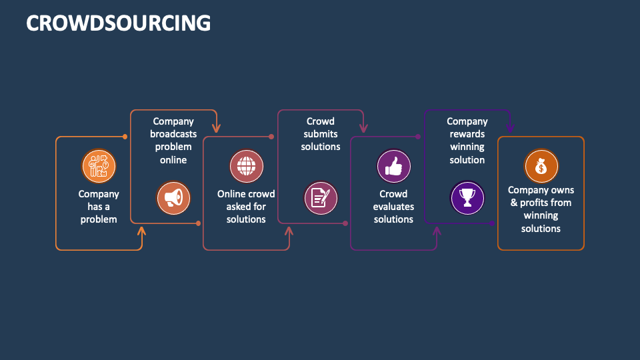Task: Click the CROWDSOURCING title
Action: [x=118, y=23]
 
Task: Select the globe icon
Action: [x=247, y=165]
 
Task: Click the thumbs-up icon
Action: [x=394, y=165]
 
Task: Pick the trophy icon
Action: [x=467, y=197]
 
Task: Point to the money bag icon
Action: [x=541, y=165]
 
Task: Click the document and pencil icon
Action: [x=321, y=197]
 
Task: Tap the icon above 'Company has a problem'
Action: [x=99, y=165]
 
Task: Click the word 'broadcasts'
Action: [x=173, y=134]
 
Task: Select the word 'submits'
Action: [x=321, y=134]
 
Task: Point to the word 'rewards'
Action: [x=467, y=134]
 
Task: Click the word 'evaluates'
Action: [x=394, y=207]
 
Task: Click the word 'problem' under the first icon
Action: [x=99, y=219]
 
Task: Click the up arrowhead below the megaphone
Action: [x=141, y=231]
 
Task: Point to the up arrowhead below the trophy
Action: [x=437, y=231]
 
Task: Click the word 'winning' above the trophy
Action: [x=467, y=147]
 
